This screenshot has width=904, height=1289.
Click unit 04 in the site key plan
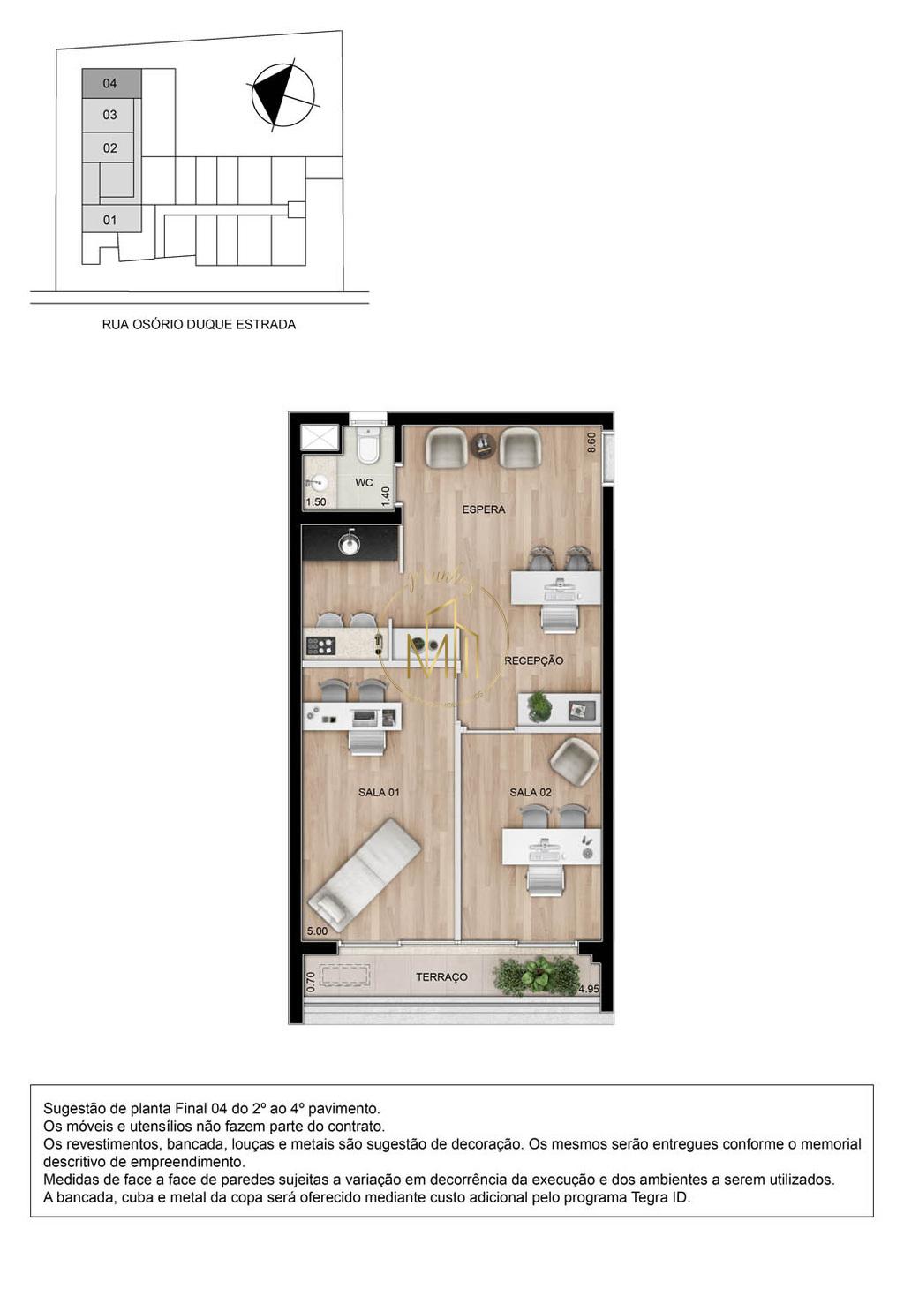(x=110, y=83)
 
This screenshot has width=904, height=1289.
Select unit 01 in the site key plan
(x=110, y=220)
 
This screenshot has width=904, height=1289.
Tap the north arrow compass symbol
(x=282, y=95)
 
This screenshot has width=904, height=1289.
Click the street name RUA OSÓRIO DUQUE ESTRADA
(x=199, y=324)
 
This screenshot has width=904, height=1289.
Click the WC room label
(x=364, y=483)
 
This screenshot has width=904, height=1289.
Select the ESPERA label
(x=484, y=509)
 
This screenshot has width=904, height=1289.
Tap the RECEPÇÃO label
(x=533, y=660)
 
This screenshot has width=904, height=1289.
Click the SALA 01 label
(x=379, y=792)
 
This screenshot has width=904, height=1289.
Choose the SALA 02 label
(x=531, y=792)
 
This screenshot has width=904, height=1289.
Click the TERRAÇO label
(x=441, y=977)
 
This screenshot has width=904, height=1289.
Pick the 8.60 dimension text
(x=591, y=442)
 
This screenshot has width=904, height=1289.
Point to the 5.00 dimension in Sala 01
(x=317, y=931)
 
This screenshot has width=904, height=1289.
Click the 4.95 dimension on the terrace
(x=588, y=989)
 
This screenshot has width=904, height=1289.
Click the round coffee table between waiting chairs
(x=483, y=444)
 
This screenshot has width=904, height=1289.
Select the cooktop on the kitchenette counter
(x=320, y=645)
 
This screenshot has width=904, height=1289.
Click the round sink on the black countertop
(x=350, y=545)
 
